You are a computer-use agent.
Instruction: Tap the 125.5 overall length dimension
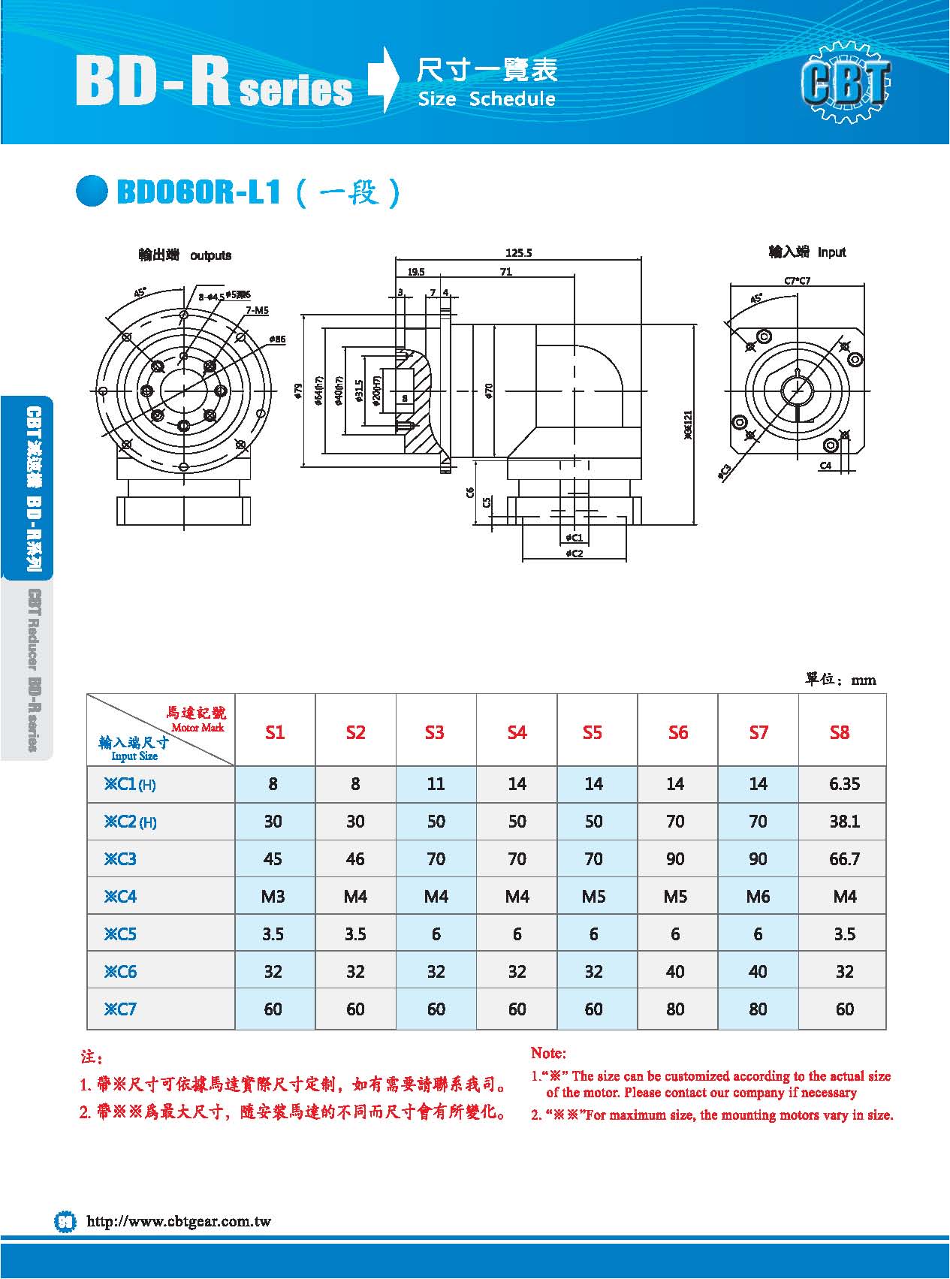coord(519,253)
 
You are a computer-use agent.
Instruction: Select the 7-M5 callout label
coord(256,310)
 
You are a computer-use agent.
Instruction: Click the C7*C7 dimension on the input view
coord(797,281)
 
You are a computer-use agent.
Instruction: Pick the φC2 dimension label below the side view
coord(574,554)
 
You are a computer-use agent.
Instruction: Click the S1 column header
coord(275,732)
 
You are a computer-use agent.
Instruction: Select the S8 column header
coord(840,732)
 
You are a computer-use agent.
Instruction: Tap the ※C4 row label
coord(121,897)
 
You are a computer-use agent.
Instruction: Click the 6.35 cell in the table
coord(844,784)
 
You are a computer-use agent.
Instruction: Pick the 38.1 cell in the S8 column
coord(844,822)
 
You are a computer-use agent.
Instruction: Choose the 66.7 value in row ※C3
coord(844,859)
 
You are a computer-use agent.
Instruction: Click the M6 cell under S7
coord(758,897)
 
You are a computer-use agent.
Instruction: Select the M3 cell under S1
coord(273,897)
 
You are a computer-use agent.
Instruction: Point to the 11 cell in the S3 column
coord(436,784)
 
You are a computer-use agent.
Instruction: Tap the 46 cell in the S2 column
coord(355,859)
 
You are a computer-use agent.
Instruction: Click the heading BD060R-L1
coord(199,192)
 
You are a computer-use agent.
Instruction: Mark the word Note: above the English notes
coord(548,1054)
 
